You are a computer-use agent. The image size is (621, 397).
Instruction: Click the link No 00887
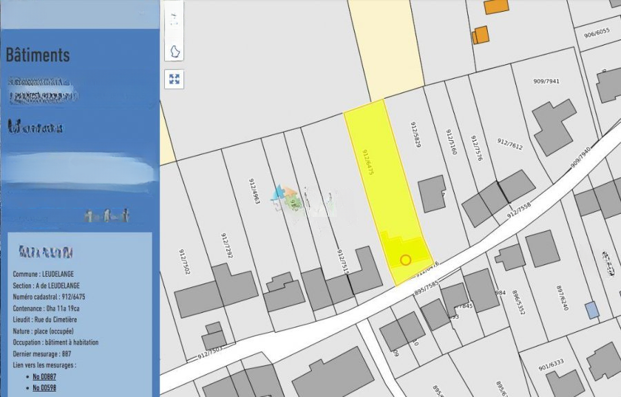[x=44, y=376]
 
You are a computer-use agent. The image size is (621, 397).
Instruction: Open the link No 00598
[x=44, y=388]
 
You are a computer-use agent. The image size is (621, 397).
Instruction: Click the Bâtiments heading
[x=38, y=55]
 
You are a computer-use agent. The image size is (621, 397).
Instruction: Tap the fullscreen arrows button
[x=175, y=79]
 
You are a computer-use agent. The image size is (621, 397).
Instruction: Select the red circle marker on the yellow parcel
[x=406, y=260]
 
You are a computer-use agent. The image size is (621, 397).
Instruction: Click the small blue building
[x=592, y=310]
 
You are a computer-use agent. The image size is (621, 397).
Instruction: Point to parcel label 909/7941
[x=546, y=81]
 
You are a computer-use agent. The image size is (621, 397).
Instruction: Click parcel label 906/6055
[x=597, y=32]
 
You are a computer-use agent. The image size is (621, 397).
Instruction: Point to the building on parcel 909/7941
[x=554, y=126]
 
